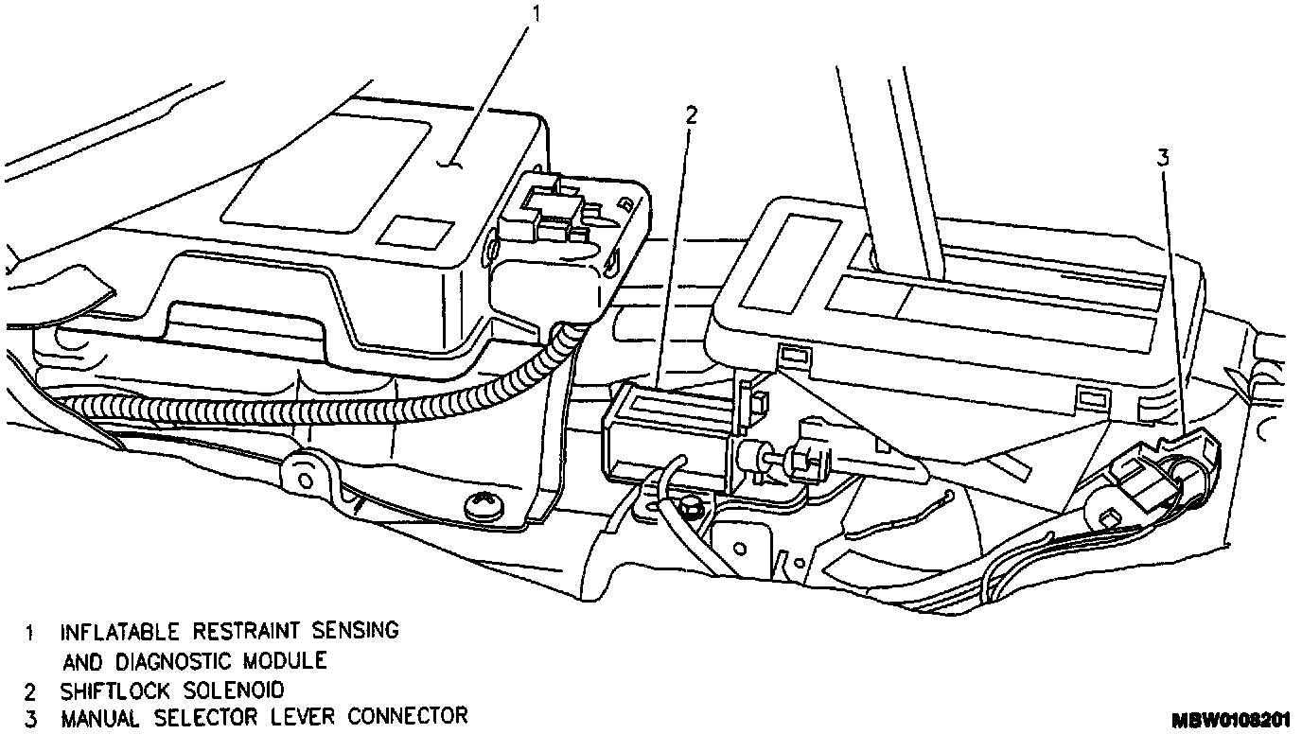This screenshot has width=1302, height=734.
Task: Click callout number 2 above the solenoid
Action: pos(691,115)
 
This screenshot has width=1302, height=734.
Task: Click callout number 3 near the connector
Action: pos(1163,158)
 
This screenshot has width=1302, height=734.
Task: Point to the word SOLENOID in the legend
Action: pos(232,690)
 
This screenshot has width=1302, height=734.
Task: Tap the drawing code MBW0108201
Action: pos(1232,720)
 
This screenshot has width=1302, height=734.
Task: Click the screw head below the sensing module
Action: pos(481,508)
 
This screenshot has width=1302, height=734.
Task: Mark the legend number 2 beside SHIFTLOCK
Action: pos(32,690)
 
